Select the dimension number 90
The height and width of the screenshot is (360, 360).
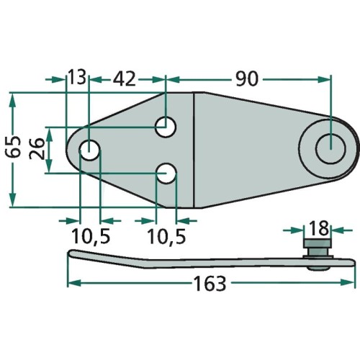246,78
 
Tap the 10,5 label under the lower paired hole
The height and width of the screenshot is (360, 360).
166,235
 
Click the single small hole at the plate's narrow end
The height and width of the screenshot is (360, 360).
89,150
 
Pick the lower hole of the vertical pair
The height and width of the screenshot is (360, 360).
167,173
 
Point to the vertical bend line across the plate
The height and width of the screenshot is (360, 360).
196,151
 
